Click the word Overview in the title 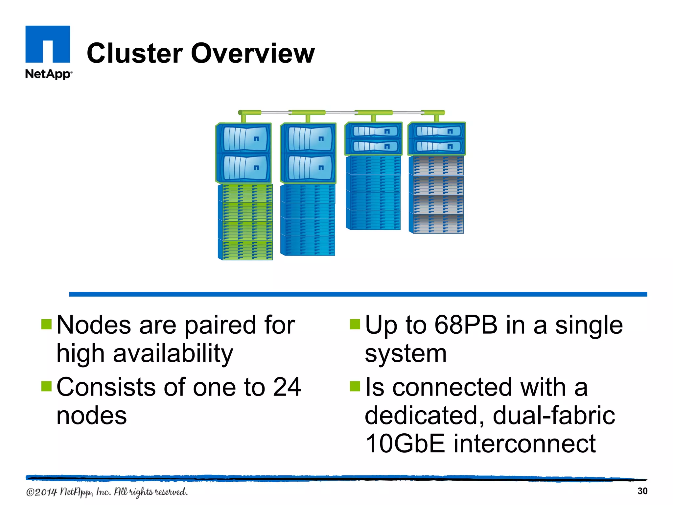(x=253, y=53)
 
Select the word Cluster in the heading (x=135, y=53)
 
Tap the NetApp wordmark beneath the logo (x=48, y=74)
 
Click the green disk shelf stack (x=245, y=222)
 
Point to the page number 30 (x=642, y=491)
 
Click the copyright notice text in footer (x=107, y=492)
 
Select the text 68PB (x=466, y=325)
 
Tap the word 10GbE (x=405, y=444)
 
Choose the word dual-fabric (x=554, y=416)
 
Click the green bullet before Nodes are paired (x=46, y=324)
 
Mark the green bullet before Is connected (x=355, y=386)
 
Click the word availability (x=173, y=354)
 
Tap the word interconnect (x=524, y=444)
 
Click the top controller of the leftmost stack (x=244, y=139)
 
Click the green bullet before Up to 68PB (x=355, y=324)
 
